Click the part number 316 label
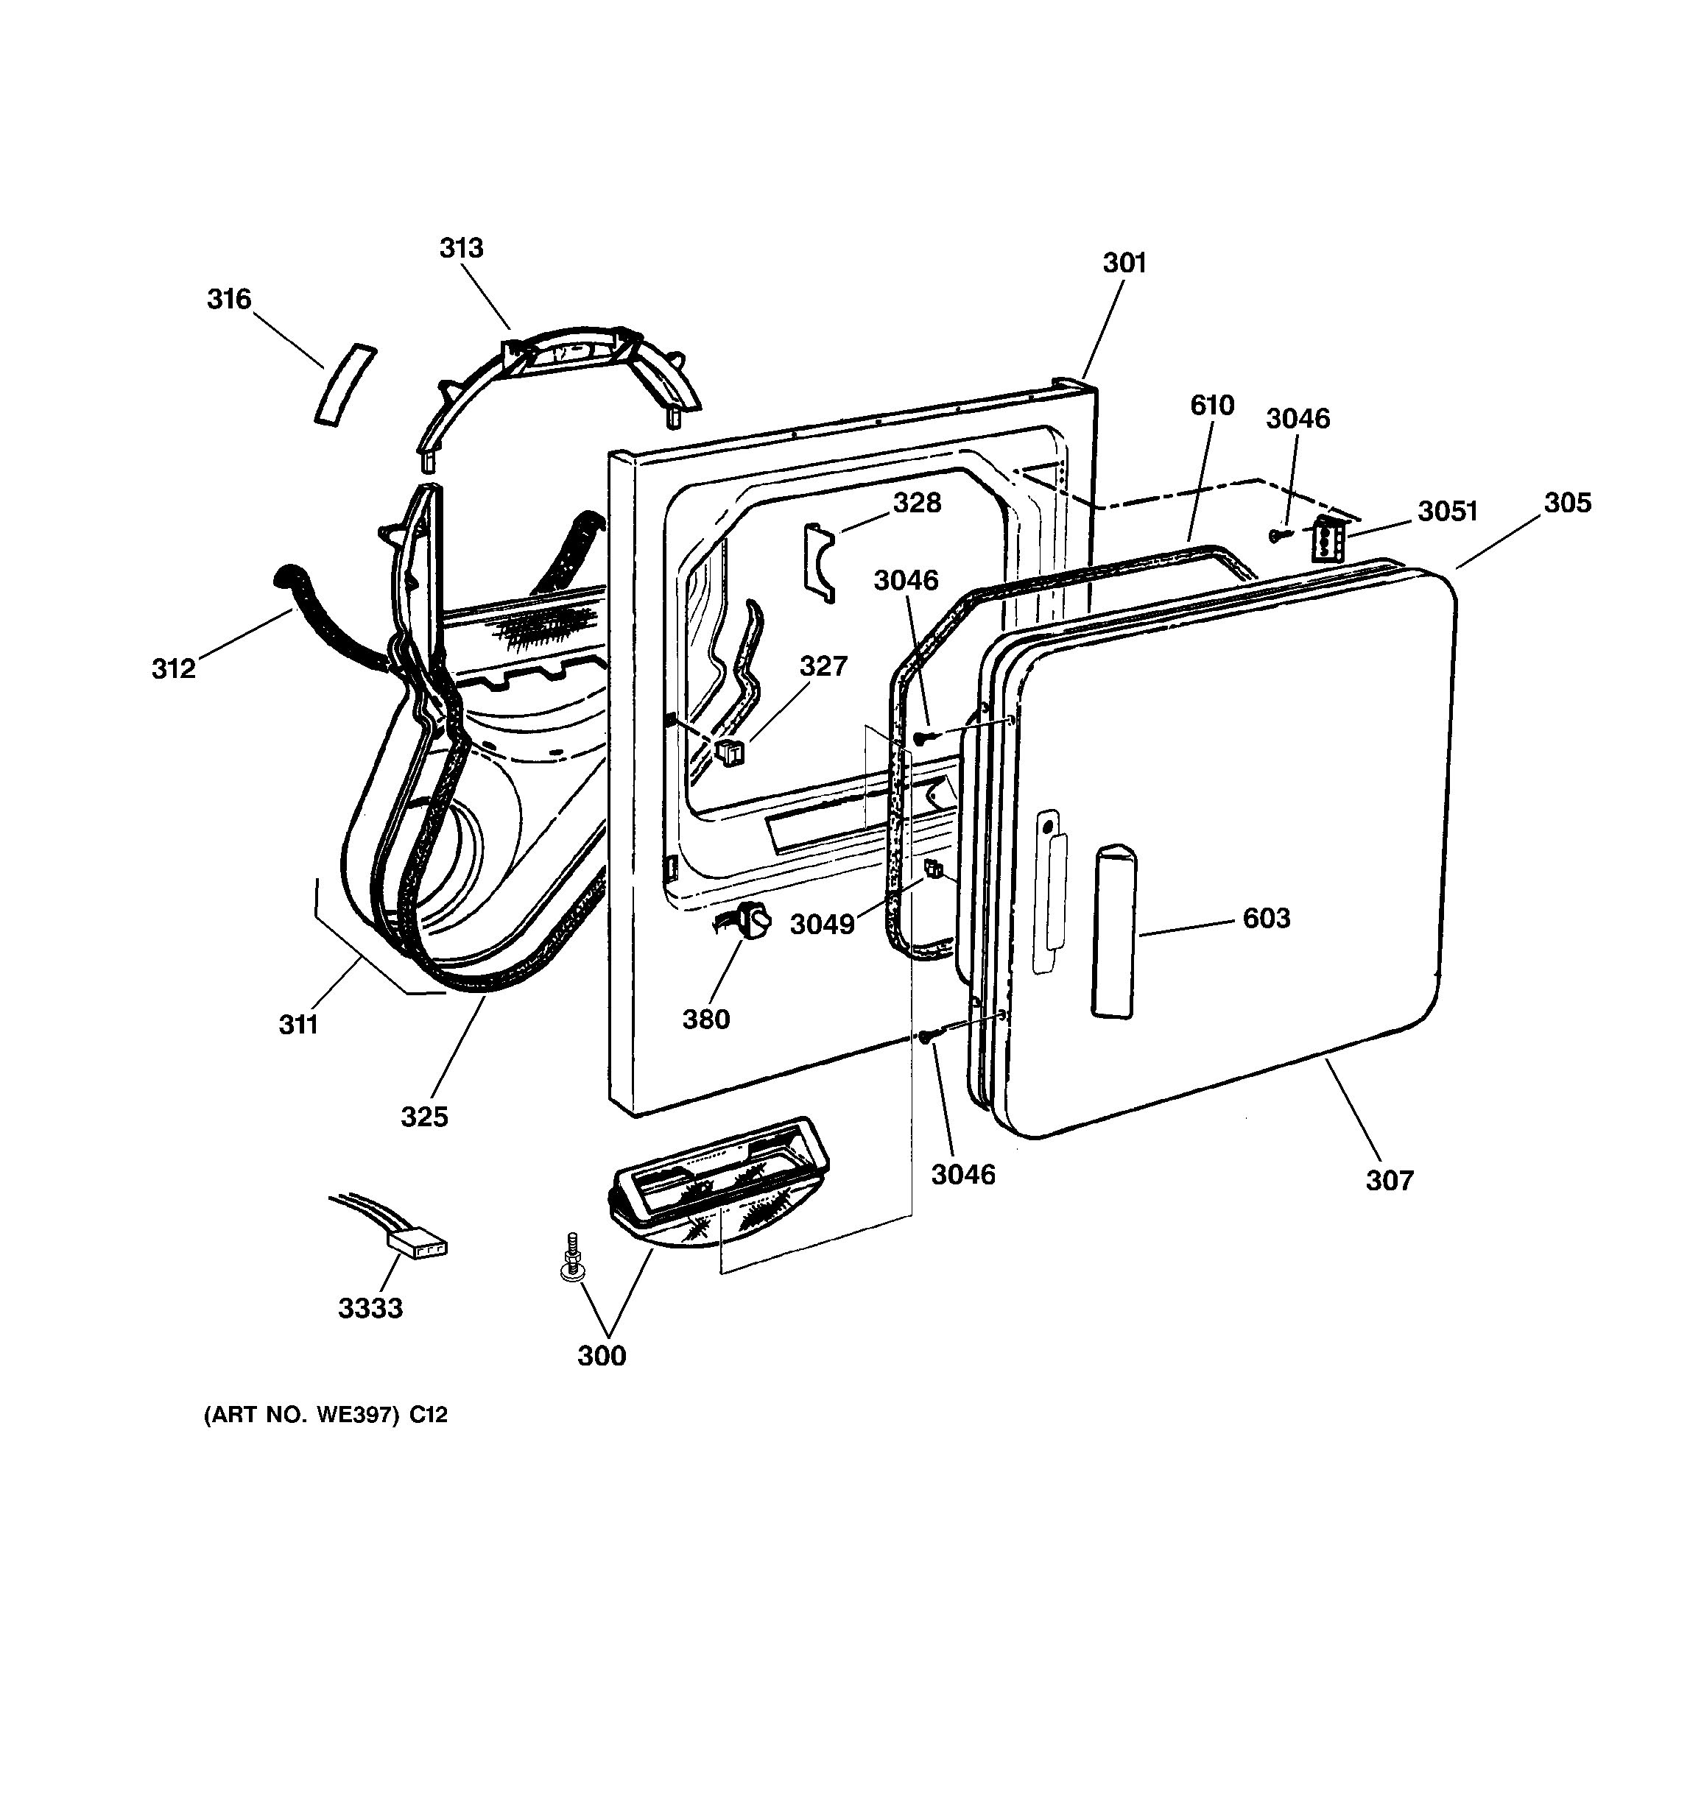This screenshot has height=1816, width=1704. coord(228,299)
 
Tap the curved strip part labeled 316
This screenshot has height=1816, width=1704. coord(345,384)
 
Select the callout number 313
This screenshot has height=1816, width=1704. coord(462,247)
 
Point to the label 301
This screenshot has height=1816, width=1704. coord(1124,263)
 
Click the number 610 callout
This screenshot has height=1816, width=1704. coord(1211,405)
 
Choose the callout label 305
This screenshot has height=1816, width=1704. coord(1568,503)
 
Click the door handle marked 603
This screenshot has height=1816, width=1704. coord(1113,930)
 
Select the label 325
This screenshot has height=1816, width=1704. coord(425,1116)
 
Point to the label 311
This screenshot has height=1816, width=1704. coord(298,1025)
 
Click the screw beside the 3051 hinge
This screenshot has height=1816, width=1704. coord(1278,535)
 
